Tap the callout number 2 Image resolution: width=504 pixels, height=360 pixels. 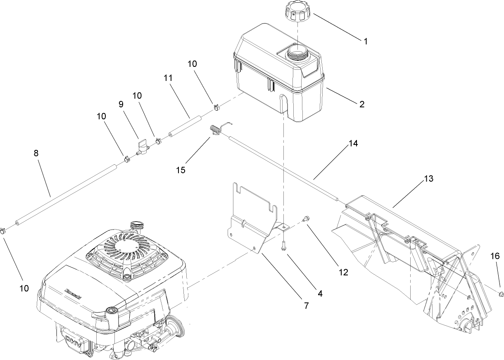tap(361, 104)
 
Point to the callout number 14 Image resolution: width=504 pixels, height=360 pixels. tap(352, 143)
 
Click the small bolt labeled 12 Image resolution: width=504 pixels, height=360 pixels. tap(306, 219)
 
